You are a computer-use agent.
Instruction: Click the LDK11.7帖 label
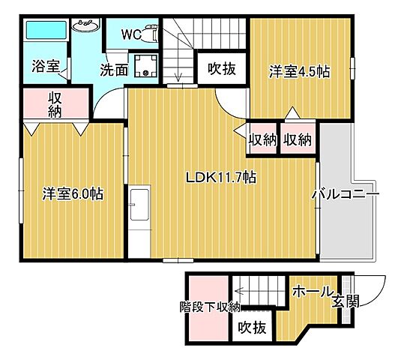[223, 178]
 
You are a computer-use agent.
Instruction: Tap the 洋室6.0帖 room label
[72, 193]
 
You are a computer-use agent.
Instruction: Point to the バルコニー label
[346, 193]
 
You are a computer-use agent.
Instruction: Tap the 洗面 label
[115, 70]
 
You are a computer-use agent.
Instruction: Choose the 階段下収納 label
[209, 306]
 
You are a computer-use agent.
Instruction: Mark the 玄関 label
[346, 301]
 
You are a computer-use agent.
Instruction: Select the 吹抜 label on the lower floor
[253, 328]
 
